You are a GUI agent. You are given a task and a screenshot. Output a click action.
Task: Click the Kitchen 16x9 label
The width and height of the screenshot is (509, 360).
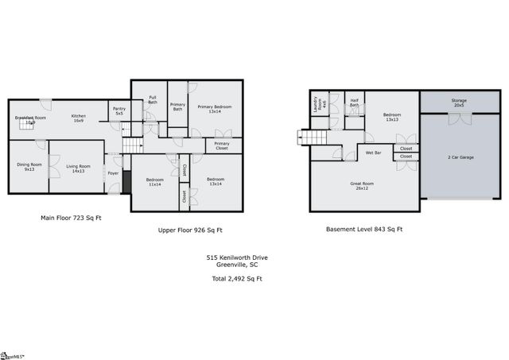pyautogui.click(x=78, y=118)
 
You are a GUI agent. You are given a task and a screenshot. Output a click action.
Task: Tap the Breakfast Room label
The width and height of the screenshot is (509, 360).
pyautogui.click(x=30, y=120)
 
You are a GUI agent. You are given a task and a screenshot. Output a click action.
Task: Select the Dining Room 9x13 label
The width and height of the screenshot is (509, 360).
pyautogui.click(x=28, y=168)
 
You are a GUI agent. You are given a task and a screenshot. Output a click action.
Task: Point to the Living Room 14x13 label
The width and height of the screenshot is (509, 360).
pyautogui.click(x=78, y=168)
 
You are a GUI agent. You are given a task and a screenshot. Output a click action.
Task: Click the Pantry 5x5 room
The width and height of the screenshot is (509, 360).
pyautogui.click(x=119, y=111)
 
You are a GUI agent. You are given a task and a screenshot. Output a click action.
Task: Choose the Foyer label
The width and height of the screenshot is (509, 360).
pyautogui.click(x=113, y=172)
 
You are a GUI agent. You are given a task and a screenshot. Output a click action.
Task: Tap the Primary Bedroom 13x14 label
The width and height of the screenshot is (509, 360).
pyautogui.click(x=214, y=109)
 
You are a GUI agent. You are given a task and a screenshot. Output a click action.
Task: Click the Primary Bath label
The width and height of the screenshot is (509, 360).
pyautogui.click(x=177, y=107)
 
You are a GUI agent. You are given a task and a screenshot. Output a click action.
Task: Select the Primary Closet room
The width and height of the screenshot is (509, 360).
pyautogui.click(x=222, y=146)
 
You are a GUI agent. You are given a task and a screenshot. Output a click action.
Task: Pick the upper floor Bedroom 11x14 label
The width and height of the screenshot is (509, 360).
pyautogui.click(x=154, y=182)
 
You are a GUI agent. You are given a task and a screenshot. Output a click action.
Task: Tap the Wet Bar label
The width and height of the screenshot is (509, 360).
pyautogui.click(x=373, y=151)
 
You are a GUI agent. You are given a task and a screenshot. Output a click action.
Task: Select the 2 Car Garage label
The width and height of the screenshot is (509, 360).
pyautogui.click(x=460, y=157)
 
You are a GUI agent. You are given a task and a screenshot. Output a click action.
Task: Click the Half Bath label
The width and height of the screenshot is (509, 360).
pyautogui.click(x=354, y=103)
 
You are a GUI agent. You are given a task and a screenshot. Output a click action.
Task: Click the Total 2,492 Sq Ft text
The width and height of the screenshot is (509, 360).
pyautogui.click(x=236, y=279)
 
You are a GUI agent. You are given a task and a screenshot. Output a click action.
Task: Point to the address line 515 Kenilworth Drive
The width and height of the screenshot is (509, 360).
pyautogui.click(x=237, y=258)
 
